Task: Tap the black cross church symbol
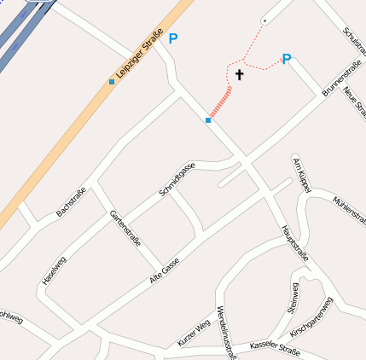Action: coord(239,75)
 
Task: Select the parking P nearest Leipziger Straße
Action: coord(174,38)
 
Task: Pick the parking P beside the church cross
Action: coord(287,59)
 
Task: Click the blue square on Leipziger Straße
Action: coord(112,82)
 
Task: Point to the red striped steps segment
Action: coord(221,101)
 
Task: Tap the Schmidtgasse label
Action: coord(177,180)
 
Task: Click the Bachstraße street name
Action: coord(70,200)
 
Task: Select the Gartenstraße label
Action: coord(125,228)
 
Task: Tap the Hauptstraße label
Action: coord(294,244)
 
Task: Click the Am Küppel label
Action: coord(299,173)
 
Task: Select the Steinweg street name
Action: coord(293,296)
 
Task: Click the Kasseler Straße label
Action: coord(276,345)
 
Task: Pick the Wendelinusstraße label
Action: coord(225,333)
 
